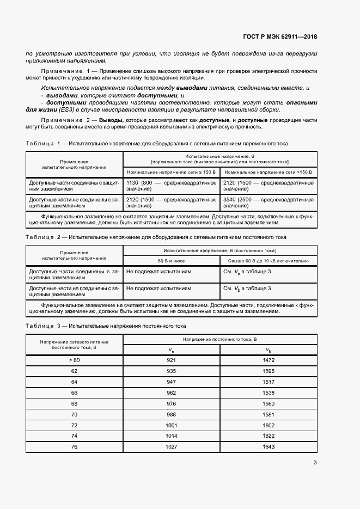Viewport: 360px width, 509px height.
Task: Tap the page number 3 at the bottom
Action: (x=315, y=463)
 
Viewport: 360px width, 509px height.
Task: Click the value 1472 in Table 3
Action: (x=269, y=360)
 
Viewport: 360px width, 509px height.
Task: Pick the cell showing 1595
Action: (x=269, y=371)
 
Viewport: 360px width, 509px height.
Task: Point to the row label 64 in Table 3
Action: (x=75, y=382)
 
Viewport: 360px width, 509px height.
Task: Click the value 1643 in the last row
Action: (x=269, y=447)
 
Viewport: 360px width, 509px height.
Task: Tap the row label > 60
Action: (x=75, y=360)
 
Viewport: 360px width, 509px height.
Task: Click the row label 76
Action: (x=75, y=447)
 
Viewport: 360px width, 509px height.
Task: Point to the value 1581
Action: (x=269, y=414)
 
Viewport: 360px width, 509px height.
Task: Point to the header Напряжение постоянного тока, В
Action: (x=219, y=339)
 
